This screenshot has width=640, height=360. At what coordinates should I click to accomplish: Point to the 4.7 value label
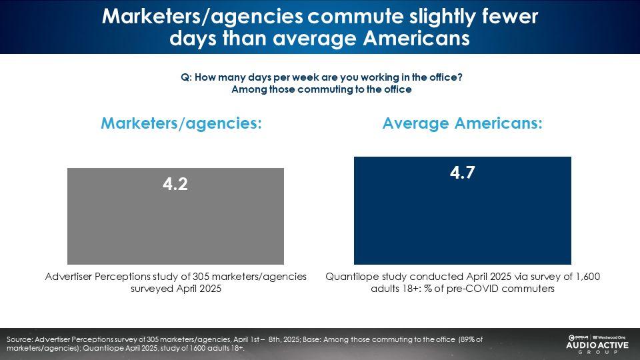(462, 173)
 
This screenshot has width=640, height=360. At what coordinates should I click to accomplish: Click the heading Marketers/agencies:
(180, 123)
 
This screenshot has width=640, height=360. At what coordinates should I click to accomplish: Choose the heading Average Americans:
(463, 123)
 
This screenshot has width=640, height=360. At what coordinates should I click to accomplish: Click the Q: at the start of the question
(186, 77)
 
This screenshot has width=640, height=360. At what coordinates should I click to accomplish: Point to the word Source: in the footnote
(20, 339)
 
